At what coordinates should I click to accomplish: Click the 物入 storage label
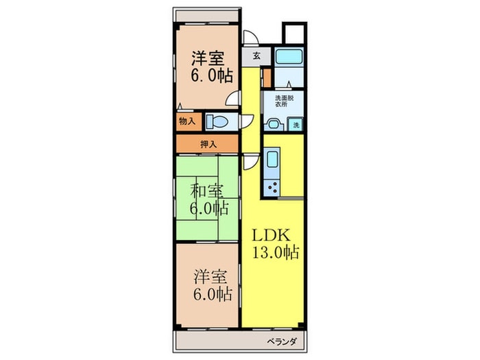(x=187, y=121)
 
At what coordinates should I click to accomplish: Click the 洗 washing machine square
(x=296, y=125)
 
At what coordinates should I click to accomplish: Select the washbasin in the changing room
(x=274, y=124)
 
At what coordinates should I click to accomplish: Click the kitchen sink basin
(x=270, y=163)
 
